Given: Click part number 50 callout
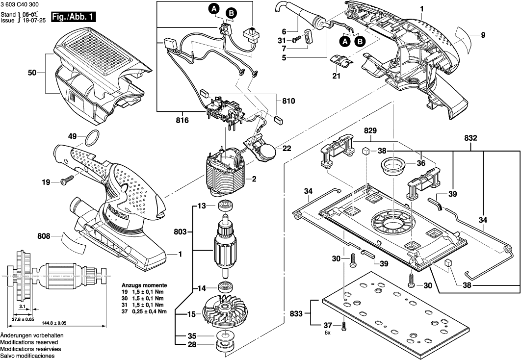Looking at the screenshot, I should tap(32, 73).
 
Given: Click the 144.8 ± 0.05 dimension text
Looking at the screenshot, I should tap(56, 323).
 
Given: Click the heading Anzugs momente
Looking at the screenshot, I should tap(144, 285).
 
